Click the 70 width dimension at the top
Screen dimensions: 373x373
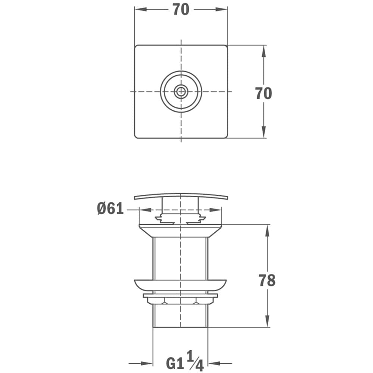(181, 10)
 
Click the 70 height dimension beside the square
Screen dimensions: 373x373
(264, 93)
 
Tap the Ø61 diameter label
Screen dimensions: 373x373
(110, 209)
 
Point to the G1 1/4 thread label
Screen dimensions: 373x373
(185, 360)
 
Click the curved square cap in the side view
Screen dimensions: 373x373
(181, 195)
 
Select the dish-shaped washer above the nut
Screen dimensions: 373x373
(180, 285)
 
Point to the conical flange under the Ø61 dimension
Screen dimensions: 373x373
(180, 231)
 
